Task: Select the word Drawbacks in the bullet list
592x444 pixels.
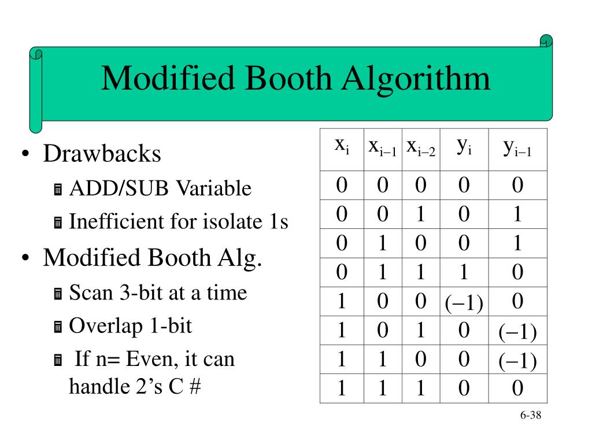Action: (x=102, y=154)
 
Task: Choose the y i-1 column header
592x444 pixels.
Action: (x=517, y=149)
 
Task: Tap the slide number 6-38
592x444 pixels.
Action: (x=530, y=416)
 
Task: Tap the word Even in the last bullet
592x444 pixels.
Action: (x=147, y=359)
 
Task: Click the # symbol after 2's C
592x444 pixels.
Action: (x=194, y=386)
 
